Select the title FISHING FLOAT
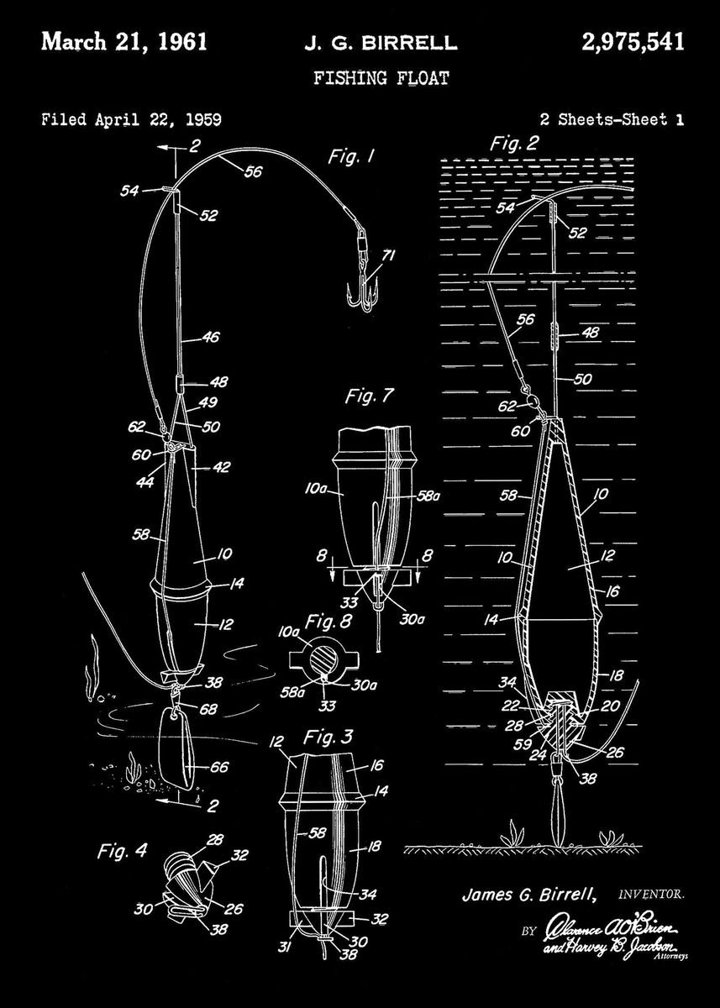381,79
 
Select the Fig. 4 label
117,850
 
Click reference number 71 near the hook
388,257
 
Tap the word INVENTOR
651,895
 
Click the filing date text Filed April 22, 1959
131,119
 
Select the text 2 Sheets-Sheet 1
611,119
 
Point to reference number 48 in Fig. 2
590,333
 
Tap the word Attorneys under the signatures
670,957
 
